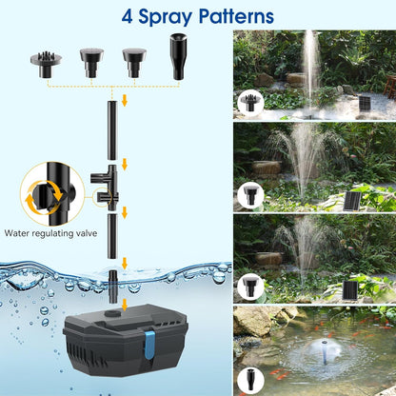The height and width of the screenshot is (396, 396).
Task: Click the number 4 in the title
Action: [x=128, y=16]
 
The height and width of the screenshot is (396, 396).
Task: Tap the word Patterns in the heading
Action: [x=232, y=16]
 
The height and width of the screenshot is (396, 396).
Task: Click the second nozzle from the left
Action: [x=90, y=59]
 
